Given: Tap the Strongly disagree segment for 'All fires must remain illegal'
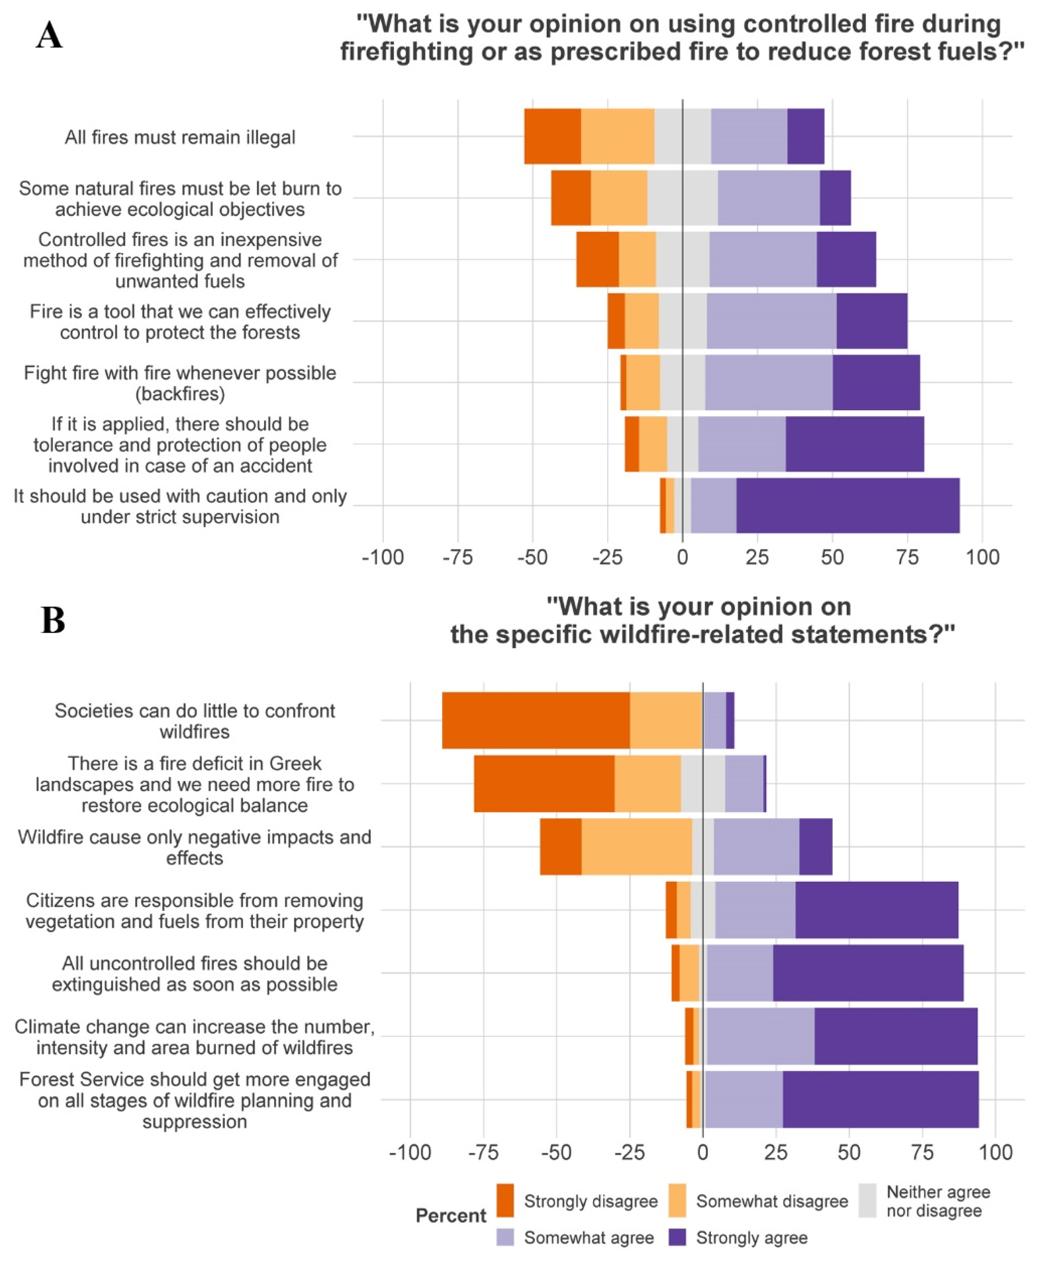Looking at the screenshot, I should pyautogui.click(x=552, y=136).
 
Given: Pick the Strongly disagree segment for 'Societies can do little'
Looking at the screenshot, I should pyautogui.click(x=536, y=720).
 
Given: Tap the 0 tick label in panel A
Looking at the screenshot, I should pyautogui.click(x=683, y=557).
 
